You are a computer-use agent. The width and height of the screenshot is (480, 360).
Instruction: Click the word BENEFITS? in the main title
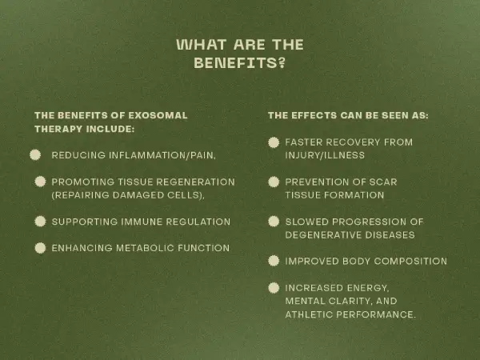[x=240, y=63]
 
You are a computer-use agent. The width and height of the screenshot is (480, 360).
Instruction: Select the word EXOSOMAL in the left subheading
[x=158, y=115]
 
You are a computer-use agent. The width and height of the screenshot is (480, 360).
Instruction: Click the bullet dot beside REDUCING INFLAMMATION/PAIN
[x=35, y=155]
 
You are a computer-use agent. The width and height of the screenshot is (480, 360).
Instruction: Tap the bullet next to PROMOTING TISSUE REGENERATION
[x=40, y=182]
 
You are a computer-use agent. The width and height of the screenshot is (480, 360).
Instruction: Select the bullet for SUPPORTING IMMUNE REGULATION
[x=40, y=222]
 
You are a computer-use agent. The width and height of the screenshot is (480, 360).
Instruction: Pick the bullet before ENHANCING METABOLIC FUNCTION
[x=40, y=248]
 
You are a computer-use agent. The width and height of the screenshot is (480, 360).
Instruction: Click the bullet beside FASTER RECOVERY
[x=274, y=142]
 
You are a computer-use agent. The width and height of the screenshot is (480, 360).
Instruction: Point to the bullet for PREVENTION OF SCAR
[x=274, y=182]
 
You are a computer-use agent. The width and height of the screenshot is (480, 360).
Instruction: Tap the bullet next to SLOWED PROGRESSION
[x=274, y=222]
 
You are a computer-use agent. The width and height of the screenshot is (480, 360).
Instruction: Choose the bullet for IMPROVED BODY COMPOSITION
[x=274, y=261]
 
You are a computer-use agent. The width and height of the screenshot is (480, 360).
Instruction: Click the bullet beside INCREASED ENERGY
[x=274, y=288]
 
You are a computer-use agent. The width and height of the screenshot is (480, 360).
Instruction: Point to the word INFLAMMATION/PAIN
[x=162, y=155]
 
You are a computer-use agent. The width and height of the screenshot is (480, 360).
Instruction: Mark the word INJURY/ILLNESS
[x=325, y=155]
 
